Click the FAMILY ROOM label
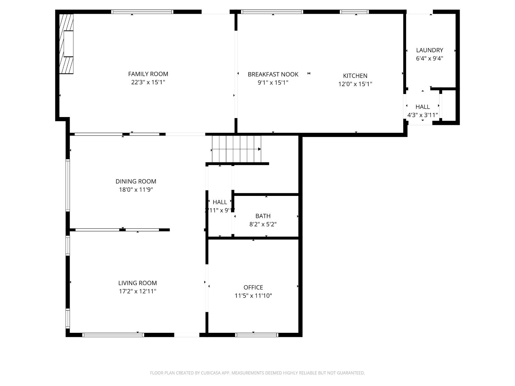point(148,74)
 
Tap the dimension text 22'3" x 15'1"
point(148,82)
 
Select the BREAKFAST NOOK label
point(273,74)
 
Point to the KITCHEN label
point(355,76)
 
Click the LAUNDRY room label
point(430,50)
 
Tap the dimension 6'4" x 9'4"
point(430,58)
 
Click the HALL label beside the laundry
point(422,107)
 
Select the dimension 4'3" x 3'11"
point(422,115)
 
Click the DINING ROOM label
point(136,182)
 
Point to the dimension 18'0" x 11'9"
point(136,190)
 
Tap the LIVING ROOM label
point(137,283)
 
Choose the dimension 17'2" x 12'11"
point(137,291)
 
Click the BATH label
point(263,216)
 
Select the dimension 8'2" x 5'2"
point(263,224)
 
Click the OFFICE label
point(253,288)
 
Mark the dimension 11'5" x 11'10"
point(253,296)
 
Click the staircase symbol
point(236,149)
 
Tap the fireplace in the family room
point(67,44)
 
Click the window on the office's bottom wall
point(256,335)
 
